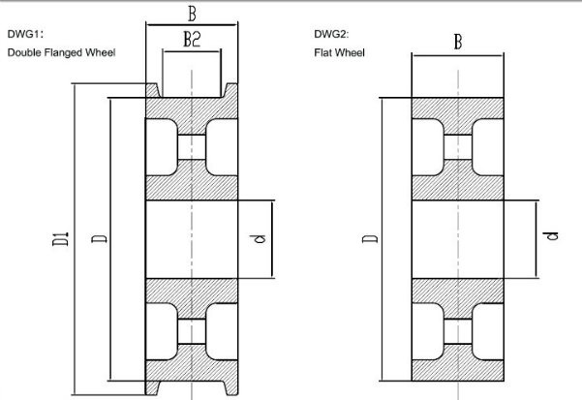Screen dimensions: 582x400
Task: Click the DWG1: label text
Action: click(x=25, y=34)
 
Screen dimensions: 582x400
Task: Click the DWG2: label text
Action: click(x=331, y=34)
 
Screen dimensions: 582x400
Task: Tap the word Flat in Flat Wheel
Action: click(x=322, y=52)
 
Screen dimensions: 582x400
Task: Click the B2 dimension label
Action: click(x=193, y=39)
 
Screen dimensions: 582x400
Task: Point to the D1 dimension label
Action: click(x=60, y=239)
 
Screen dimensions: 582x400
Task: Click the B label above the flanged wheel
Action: click(x=192, y=15)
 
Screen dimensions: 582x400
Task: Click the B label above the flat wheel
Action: click(x=458, y=42)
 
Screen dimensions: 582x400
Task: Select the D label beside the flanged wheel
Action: click(x=99, y=239)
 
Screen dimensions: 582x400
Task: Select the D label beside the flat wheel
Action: click(x=370, y=239)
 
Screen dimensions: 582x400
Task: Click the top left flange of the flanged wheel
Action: click(x=153, y=90)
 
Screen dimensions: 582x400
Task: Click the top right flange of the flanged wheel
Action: click(x=230, y=90)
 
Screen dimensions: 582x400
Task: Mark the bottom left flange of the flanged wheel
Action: click(x=153, y=387)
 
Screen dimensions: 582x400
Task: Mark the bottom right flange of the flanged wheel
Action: click(x=230, y=387)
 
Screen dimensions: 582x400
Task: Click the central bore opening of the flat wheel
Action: click(x=458, y=239)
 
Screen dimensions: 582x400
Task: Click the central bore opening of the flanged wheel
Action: click(x=192, y=239)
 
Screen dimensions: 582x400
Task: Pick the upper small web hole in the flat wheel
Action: click(x=458, y=147)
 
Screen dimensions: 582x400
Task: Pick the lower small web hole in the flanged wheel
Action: click(x=192, y=331)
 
